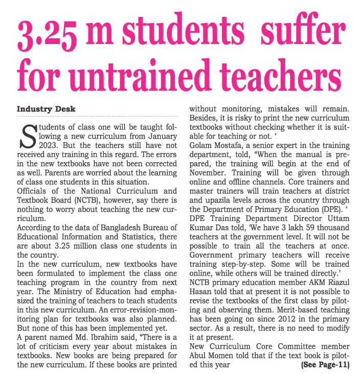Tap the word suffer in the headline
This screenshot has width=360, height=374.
296,35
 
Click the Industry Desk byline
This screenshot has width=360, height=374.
47,109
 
